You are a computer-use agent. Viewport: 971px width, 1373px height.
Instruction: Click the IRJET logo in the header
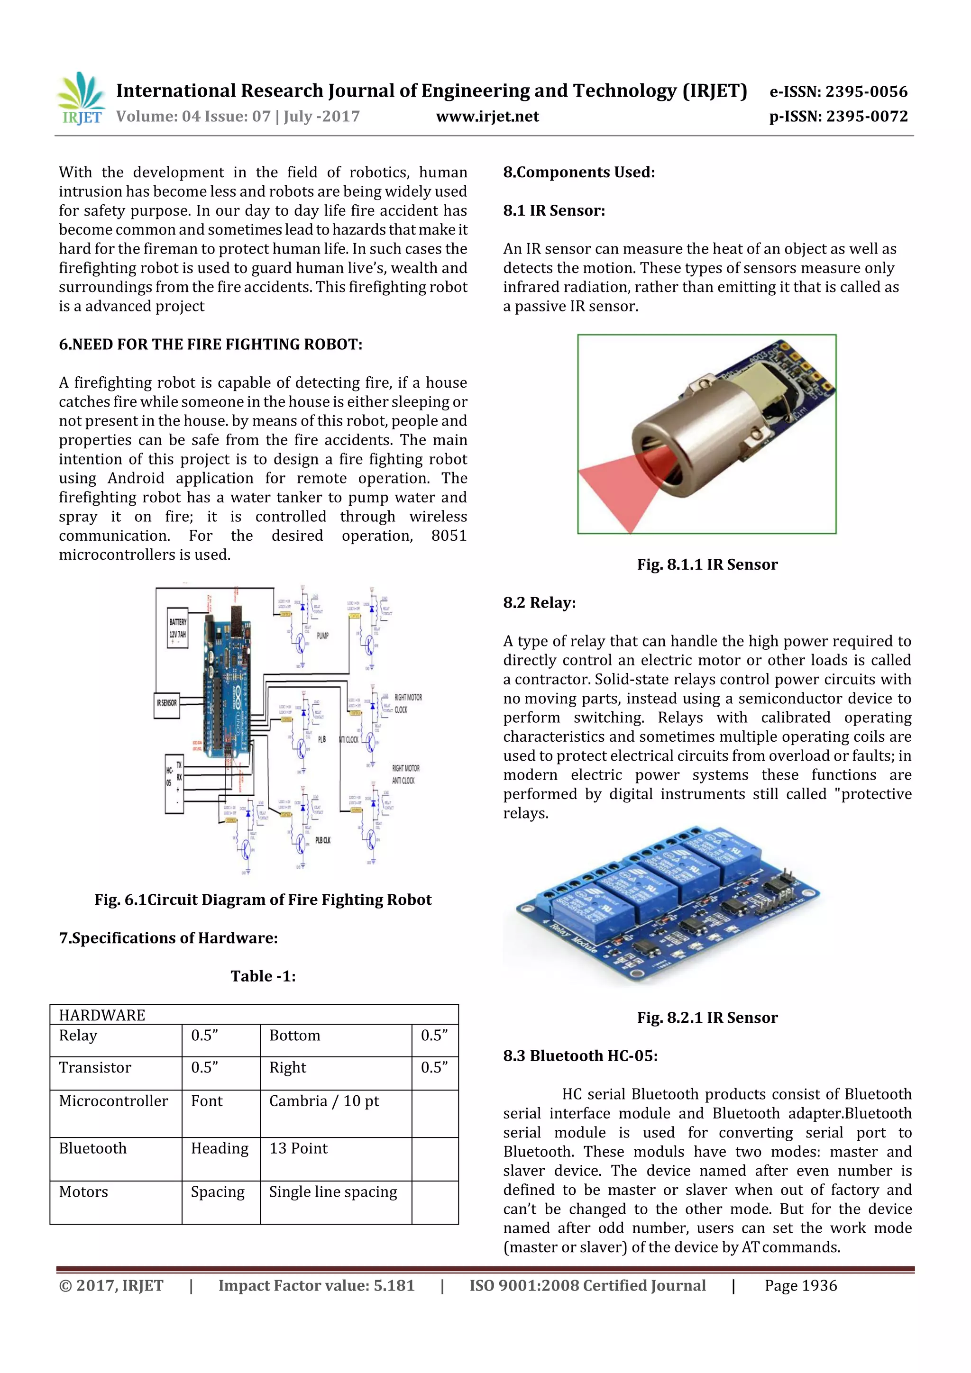[81, 99]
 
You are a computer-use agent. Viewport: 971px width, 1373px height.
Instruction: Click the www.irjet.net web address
[487, 117]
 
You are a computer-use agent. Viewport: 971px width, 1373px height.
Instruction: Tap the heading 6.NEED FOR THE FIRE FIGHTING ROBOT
[210, 345]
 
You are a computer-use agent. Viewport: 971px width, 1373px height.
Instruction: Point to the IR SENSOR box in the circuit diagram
[167, 703]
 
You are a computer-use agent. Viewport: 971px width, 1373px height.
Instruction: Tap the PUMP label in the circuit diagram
[322, 636]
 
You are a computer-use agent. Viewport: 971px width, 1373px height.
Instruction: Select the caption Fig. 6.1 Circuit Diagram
[263, 900]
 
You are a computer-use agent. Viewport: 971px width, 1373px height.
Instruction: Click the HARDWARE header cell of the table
[102, 1015]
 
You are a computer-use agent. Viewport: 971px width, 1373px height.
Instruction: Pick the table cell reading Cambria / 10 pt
[324, 1101]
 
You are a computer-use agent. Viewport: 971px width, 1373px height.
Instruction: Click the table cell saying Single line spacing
[333, 1192]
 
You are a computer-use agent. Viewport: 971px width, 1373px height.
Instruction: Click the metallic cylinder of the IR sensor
[694, 430]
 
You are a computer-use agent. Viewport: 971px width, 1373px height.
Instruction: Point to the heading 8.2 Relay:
[539, 603]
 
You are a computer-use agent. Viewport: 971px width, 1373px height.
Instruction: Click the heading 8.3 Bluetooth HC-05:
[580, 1056]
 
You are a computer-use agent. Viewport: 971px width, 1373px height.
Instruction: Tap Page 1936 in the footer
[800, 1286]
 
